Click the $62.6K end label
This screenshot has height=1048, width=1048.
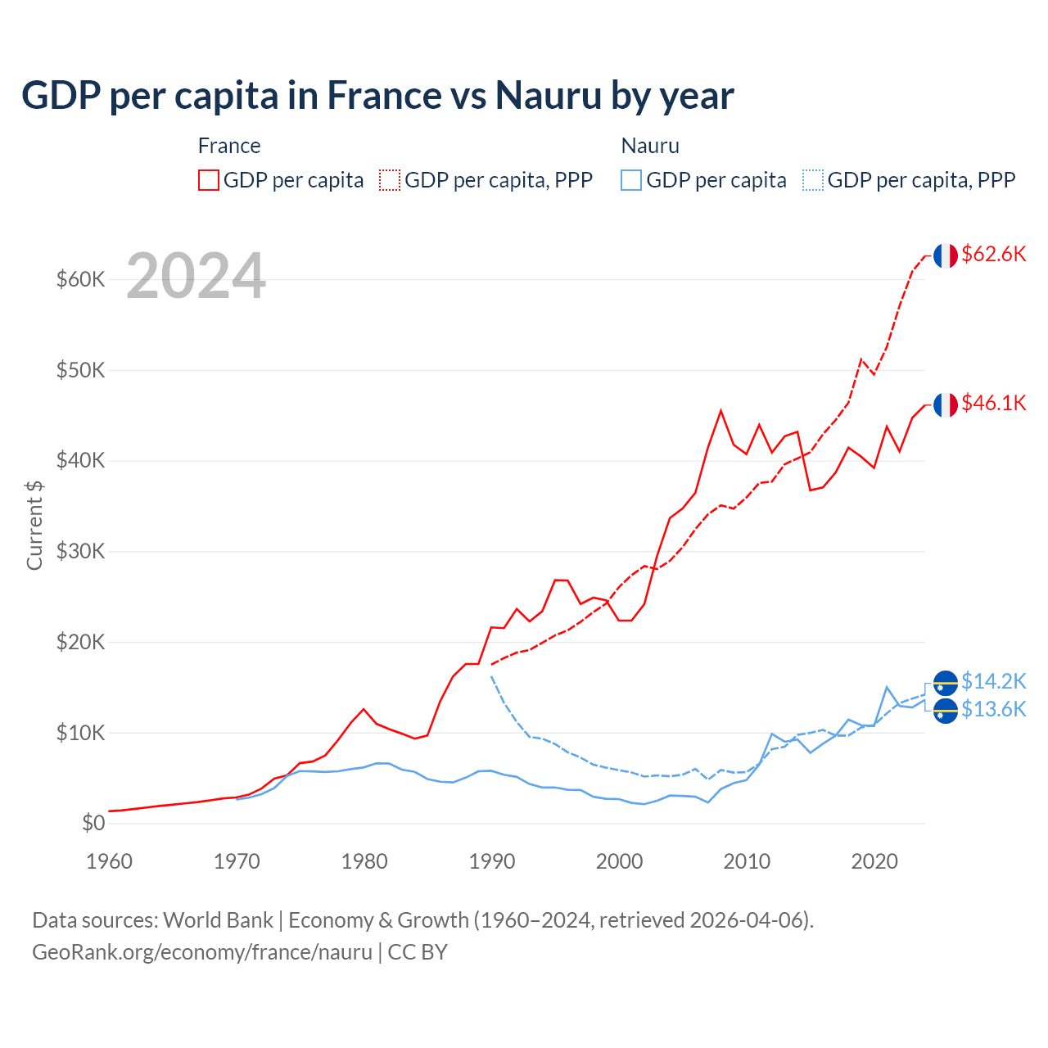[993, 254]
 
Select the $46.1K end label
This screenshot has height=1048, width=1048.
[993, 403]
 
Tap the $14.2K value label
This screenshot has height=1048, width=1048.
[993, 681]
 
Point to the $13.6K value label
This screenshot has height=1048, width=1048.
[993, 709]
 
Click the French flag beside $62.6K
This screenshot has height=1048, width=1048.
[946, 255]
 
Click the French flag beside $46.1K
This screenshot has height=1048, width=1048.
[946, 404]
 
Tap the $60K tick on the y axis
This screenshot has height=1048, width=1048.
[81, 280]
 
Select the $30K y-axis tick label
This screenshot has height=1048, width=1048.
[81, 552]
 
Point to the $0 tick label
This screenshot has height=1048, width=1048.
[93, 824]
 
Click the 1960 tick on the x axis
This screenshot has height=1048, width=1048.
[109, 861]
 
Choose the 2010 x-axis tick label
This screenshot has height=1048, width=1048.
[747, 861]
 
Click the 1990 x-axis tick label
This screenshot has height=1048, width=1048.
[492, 861]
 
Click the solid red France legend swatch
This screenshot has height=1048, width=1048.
[209, 180]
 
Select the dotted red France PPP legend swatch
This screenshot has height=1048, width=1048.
[390, 180]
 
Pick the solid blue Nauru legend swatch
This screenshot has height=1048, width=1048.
[631, 180]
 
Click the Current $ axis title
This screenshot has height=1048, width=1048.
[34, 526]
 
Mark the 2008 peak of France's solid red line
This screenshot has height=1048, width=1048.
[720, 411]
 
